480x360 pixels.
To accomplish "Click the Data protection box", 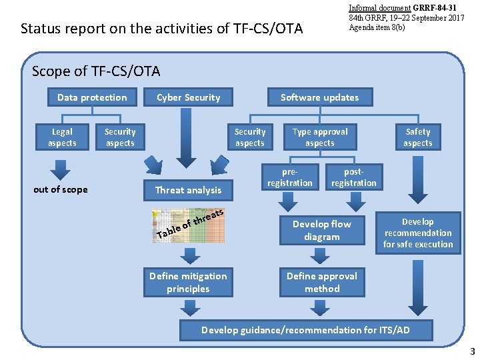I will tap(92, 97).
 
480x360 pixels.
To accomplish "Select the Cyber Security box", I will tap(188, 97).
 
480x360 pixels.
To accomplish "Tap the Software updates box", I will tap(319, 97).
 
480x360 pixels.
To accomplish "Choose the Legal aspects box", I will tap(62, 137).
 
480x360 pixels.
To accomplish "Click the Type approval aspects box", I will tap(320, 137).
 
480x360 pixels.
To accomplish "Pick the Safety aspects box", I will tap(418, 137).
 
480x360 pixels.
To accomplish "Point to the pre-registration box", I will tap(289, 177).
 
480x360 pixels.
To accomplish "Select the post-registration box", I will tap(353, 177).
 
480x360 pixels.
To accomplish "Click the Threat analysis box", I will tap(188, 190).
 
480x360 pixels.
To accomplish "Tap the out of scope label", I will tap(61, 189).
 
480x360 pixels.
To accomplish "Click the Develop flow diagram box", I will tap(322, 231).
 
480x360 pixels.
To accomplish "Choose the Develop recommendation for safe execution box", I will tap(418, 233).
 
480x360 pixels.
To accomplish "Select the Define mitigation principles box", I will tap(188, 283).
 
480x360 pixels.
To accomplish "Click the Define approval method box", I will tap(322, 283).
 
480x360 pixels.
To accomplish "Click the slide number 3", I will tap(472, 351).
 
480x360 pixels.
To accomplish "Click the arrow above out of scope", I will tap(60, 171).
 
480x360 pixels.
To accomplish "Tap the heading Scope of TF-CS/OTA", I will tap(96, 71).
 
